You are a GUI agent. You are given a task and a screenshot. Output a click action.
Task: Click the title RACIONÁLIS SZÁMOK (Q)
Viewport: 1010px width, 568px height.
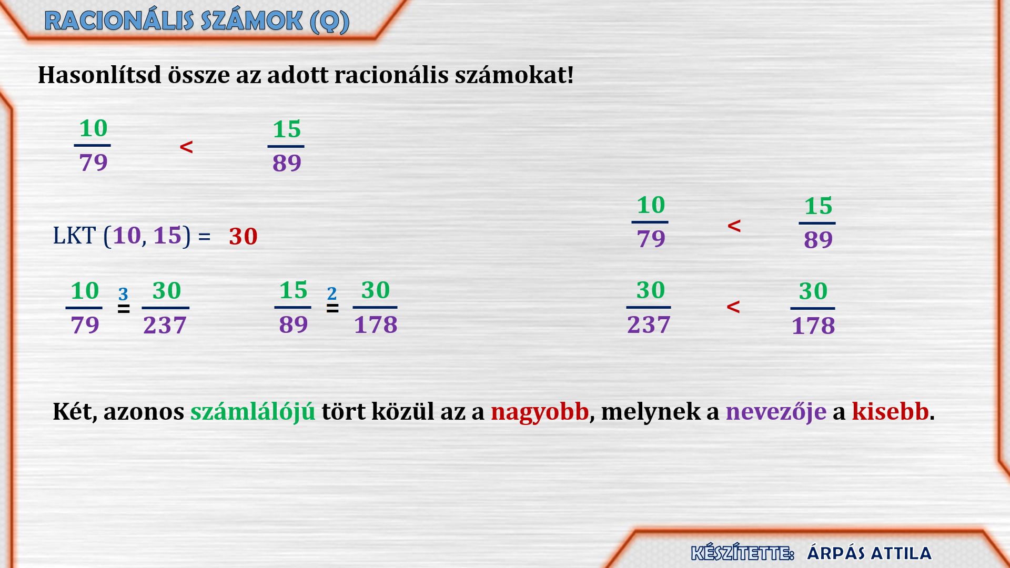click(x=197, y=22)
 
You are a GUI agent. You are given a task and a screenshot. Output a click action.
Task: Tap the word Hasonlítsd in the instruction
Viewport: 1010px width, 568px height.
click(x=100, y=75)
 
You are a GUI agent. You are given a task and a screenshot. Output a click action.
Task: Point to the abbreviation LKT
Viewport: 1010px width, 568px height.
click(x=74, y=236)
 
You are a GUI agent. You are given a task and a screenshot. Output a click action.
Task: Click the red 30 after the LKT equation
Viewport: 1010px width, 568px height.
click(x=243, y=237)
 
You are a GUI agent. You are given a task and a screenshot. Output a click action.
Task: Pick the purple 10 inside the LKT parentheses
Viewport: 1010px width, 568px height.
click(x=127, y=235)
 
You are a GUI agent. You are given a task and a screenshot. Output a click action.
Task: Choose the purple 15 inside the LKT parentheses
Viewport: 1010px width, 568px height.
click(x=167, y=235)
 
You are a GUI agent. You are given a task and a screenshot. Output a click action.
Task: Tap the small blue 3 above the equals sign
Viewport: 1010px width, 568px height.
click(x=123, y=293)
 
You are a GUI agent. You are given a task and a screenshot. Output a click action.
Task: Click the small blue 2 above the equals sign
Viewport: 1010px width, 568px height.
click(x=331, y=293)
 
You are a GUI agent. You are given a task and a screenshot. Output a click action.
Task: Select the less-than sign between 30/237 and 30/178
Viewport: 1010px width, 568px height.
click(x=733, y=307)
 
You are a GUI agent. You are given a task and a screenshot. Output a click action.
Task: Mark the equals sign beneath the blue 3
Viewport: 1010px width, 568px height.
click(x=124, y=309)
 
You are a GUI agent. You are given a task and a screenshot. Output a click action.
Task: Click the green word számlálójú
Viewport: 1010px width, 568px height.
click(x=253, y=411)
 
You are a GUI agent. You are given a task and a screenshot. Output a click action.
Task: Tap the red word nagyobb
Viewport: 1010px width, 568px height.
click(x=540, y=411)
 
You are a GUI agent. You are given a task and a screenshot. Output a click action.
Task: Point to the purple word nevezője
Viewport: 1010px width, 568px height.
click(x=776, y=411)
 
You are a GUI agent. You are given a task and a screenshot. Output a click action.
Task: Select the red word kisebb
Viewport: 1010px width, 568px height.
click(x=891, y=411)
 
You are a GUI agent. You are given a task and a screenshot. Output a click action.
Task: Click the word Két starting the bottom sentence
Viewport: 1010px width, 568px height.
click(x=74, y=411)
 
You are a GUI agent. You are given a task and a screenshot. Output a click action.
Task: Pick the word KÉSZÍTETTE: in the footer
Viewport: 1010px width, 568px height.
click(x=742, y=553)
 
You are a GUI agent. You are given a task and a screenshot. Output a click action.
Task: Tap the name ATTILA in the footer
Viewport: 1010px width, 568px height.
click(x=901, y=553)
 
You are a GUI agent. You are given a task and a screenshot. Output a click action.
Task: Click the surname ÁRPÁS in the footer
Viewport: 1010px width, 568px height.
click(x=836, y=553)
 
